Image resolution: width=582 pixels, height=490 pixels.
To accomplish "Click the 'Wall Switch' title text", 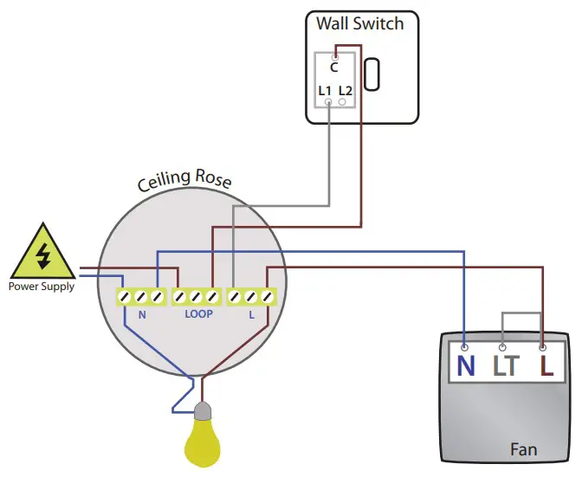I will [x=359, y=23].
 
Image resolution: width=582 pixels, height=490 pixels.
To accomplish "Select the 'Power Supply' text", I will [x=41, y=287].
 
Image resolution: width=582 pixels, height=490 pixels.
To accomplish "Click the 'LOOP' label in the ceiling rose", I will [x=198, y=314].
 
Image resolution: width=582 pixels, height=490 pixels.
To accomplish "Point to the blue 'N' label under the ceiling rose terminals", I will [x=142, y=314].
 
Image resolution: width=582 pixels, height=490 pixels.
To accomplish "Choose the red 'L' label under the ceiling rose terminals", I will [x=251, y=314].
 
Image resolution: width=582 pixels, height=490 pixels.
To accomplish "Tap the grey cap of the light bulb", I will [x=204, y=411].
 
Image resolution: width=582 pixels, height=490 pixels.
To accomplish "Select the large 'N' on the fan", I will [x=466, y=365].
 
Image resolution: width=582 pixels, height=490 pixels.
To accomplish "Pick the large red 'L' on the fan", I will [x=546, y=365].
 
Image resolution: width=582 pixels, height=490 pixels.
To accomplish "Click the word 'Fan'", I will [x=523, y=449].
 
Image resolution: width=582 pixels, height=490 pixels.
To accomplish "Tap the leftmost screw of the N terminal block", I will [x=126, y=297].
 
